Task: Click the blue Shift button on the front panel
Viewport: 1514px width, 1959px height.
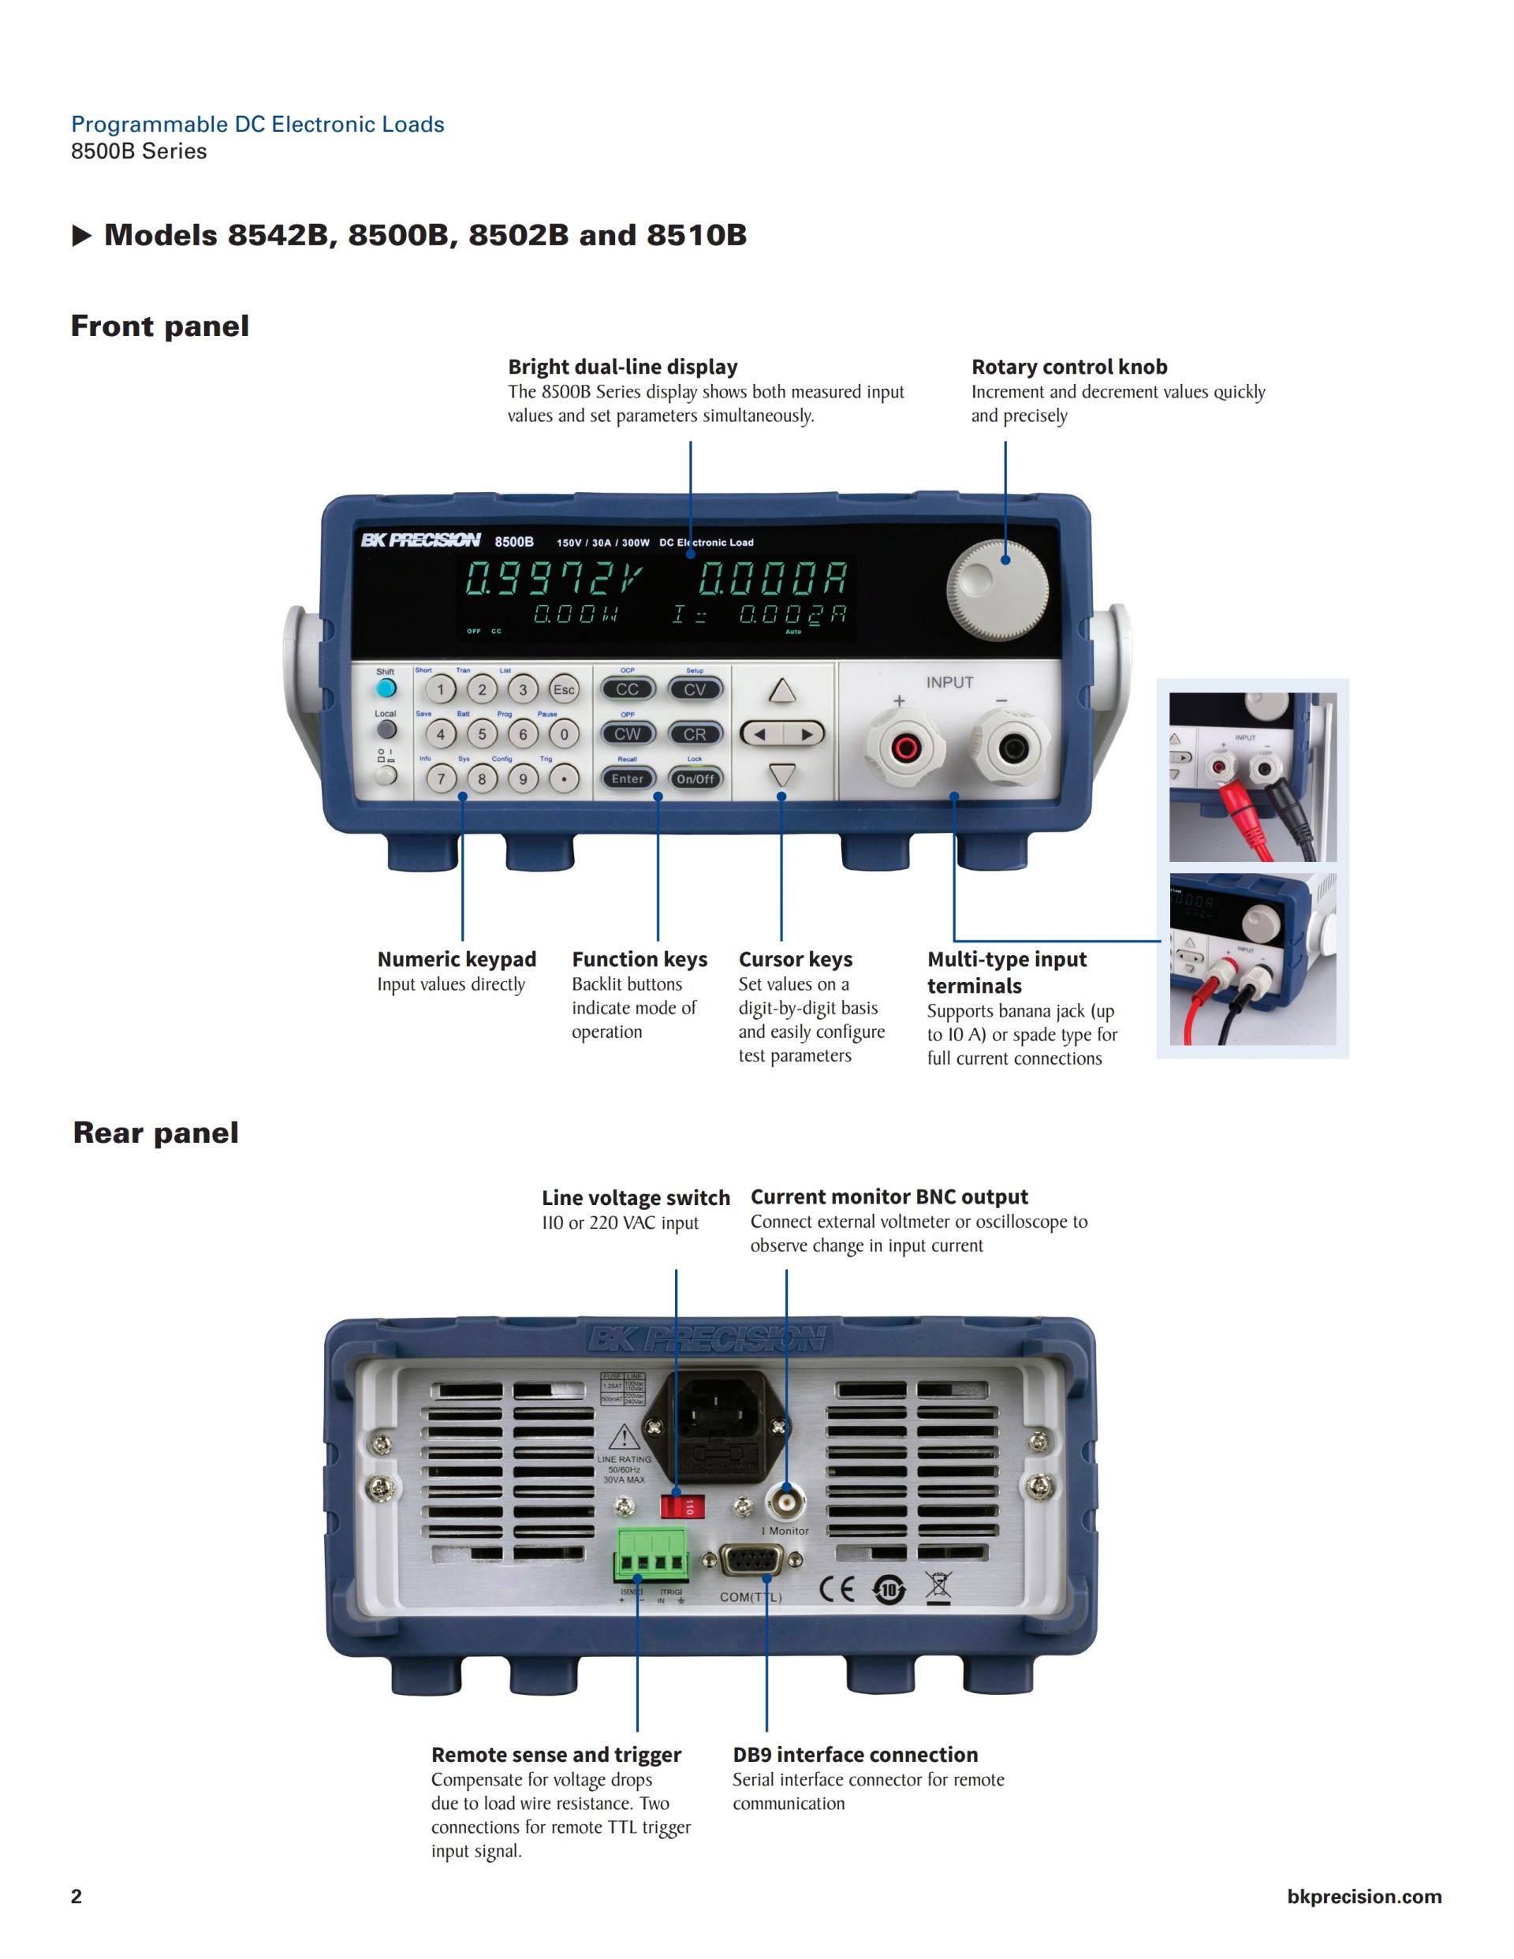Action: [386, 688]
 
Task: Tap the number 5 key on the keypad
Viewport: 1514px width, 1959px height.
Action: [482, 733]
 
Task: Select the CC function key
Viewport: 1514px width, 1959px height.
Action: [627, 688]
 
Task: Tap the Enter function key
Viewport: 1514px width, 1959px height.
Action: [627, 778]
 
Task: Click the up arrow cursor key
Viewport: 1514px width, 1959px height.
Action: [782, 691]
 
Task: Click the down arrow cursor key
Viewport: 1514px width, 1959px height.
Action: [782, 775]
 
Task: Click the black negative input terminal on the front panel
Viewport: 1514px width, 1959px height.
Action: [1014, 746]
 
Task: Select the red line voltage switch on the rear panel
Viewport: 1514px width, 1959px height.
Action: [681, 1505]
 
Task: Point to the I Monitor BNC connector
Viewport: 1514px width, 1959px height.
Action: [785, 1500]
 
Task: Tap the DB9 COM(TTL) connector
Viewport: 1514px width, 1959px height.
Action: [751, 1563]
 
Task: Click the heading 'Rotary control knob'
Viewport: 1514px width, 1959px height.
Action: [1069, 367]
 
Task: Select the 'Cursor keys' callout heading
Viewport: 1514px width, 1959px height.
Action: [795, 959]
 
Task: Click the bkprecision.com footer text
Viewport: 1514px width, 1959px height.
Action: [1363, 1895]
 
